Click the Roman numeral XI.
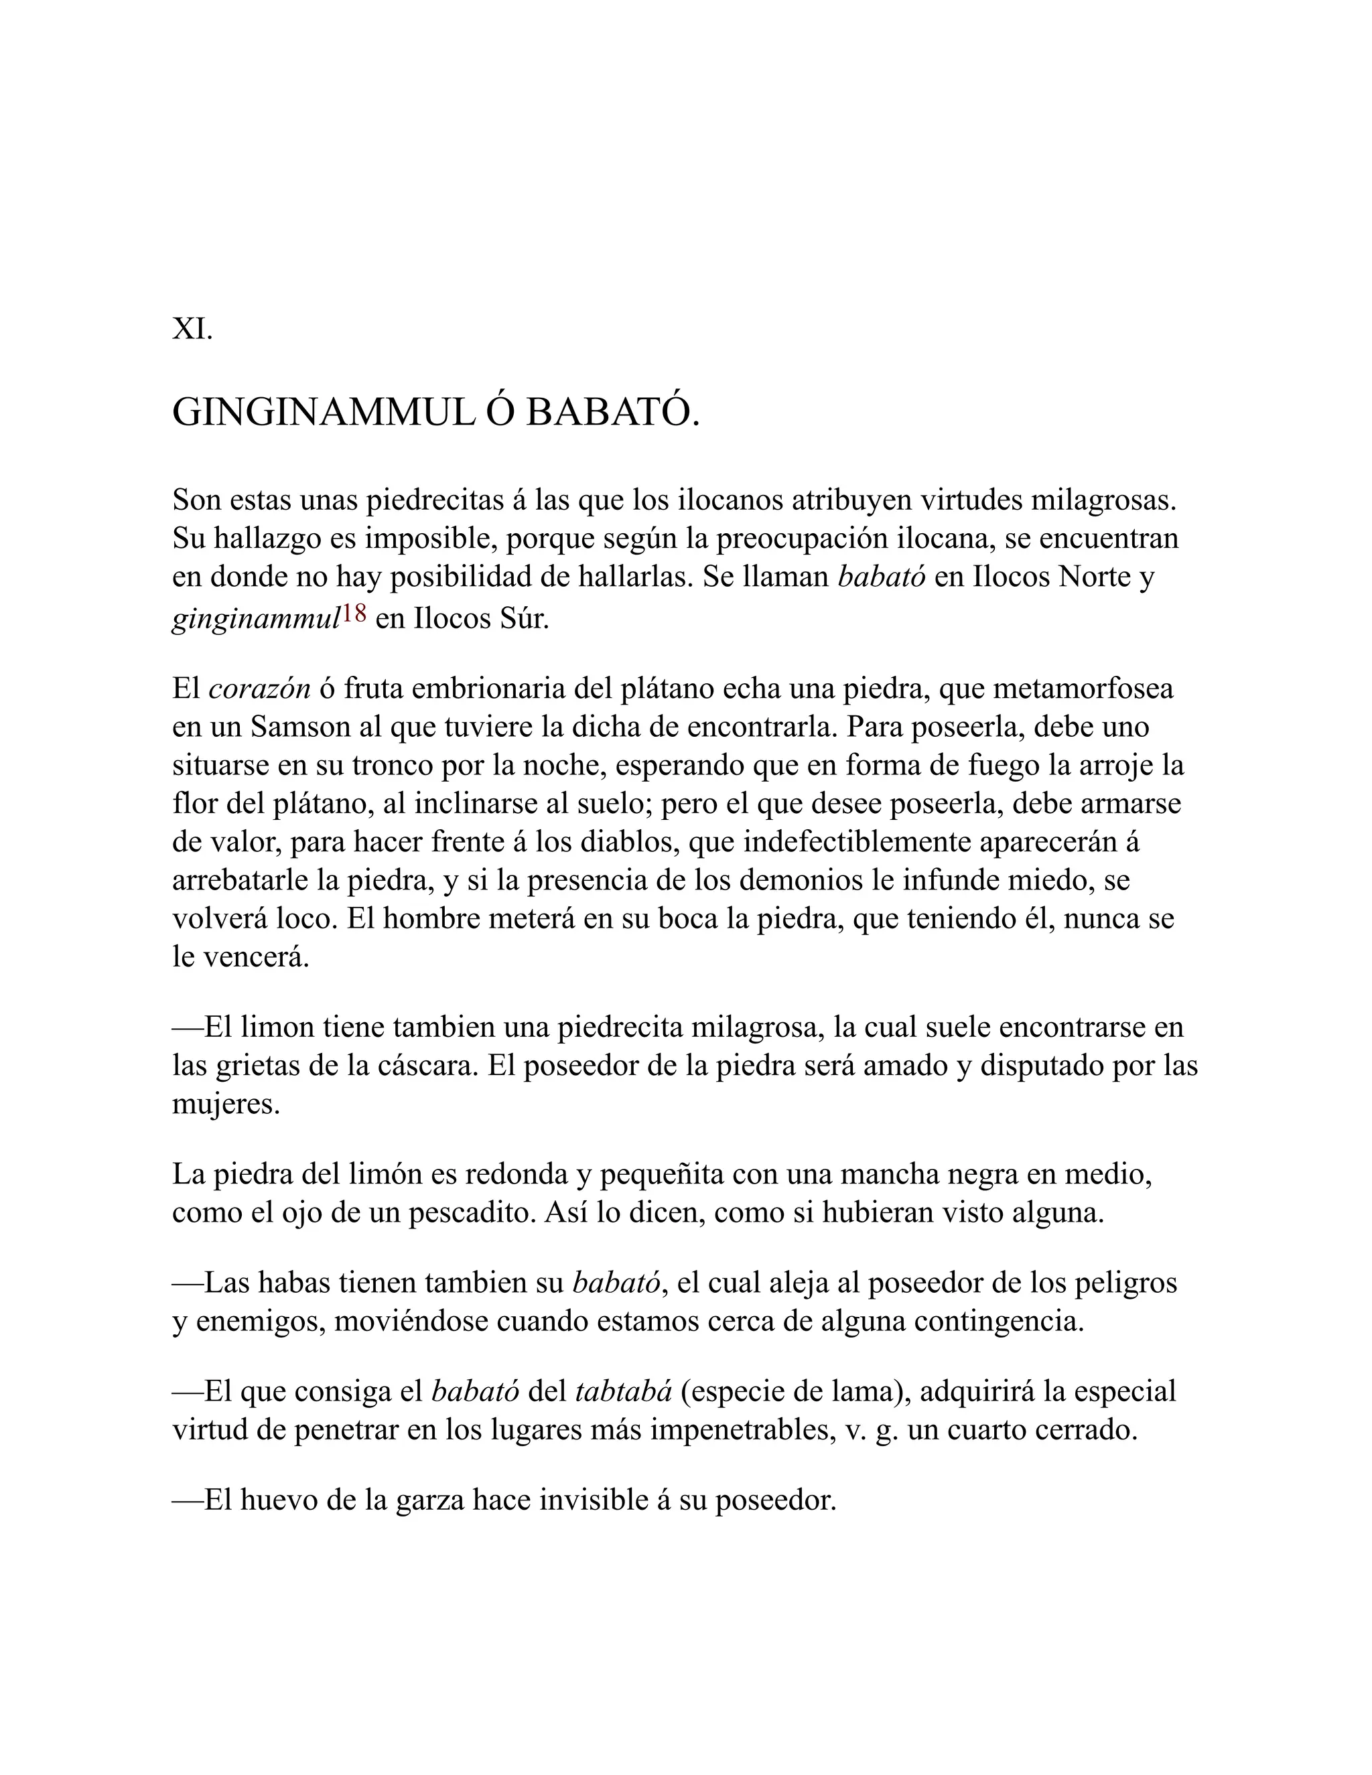[192, 329]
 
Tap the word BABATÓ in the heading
[612, 413]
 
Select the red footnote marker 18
[354, 614]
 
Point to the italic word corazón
[259, 689]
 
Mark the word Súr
[523, 620]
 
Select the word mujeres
[225, 1105]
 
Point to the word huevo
[281, 1500]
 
